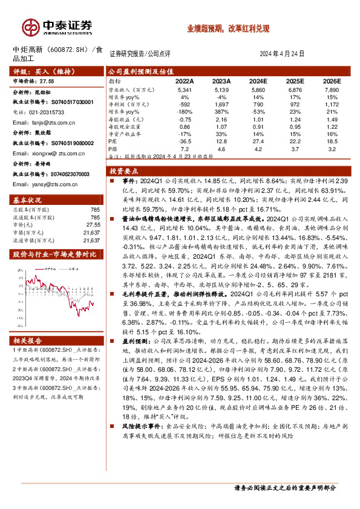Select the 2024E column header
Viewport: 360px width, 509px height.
point(258,80)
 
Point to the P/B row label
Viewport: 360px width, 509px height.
point(113,148)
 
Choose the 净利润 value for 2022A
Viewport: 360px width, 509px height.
point(185,105)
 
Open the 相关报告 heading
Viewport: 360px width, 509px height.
point(28,341)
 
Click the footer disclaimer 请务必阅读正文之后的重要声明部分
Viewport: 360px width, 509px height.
point(284,487)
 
